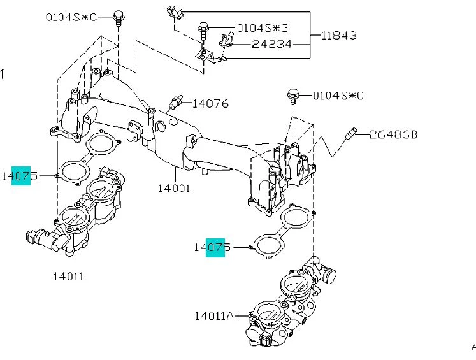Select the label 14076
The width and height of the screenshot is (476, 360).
point(210,103)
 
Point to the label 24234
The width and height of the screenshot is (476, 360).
point(271,44)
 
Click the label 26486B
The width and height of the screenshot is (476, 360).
point(394,134)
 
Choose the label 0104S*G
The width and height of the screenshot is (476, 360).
point(261,29)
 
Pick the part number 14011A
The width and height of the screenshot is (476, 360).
point(215,315)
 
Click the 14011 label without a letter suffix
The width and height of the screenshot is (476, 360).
point(68,277)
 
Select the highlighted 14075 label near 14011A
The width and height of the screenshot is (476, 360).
point(213,247)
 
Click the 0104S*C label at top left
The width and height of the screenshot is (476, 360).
point(71,17)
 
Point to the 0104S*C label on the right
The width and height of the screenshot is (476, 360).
point(338,96)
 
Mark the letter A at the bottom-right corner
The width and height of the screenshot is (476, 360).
point(473,346)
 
